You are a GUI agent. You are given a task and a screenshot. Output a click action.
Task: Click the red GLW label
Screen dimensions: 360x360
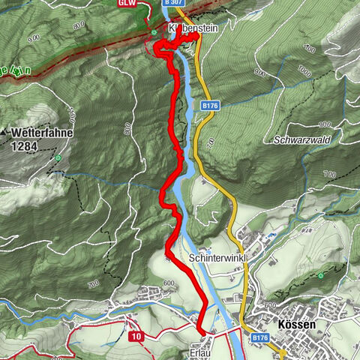click(x=127, y=3)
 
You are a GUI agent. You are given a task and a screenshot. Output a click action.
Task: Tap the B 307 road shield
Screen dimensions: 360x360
click(x=172, y=3)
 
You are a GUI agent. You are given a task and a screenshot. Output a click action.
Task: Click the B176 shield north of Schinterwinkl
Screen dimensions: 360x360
click(x=209, y=107)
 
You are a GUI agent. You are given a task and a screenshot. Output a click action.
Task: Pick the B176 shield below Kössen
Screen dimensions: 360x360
click(x=259, y=339)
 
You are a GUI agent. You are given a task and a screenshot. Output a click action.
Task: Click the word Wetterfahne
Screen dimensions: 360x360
click(x=39, y=132)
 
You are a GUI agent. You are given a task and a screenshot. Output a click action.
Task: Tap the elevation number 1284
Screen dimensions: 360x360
click(x=26, y=146)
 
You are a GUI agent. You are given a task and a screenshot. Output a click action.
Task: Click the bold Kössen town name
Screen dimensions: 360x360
click(x=296, y=325)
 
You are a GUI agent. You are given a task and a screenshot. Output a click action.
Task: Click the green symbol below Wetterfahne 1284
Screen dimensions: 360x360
click(x=58, y=158)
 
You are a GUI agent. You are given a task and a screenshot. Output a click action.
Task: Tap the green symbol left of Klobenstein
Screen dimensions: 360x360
click(x=154, y=33)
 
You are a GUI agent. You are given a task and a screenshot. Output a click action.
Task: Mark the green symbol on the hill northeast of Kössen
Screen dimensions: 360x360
click(x=321, y=275)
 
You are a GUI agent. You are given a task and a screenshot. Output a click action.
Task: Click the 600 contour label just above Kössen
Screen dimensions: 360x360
click(x=271, y=306)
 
